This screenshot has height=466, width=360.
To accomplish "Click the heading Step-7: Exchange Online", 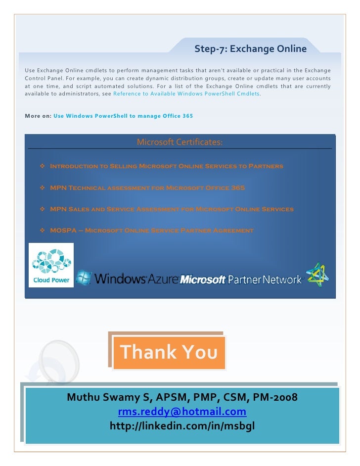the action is point(250,49).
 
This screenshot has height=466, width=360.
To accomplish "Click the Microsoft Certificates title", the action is point(180,142).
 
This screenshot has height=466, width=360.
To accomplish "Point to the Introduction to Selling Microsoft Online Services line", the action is point(167,166).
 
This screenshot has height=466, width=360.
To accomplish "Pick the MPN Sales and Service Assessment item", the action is point(172,209).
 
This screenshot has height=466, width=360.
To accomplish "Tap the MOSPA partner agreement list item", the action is point(152,231).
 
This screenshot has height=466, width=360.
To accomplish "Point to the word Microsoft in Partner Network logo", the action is point(203,280).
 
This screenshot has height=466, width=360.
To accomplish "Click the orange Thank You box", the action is point(169,352).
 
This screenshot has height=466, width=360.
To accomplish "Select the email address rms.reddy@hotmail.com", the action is point(182,412).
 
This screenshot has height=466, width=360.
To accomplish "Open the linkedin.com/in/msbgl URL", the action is point(182,426).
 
